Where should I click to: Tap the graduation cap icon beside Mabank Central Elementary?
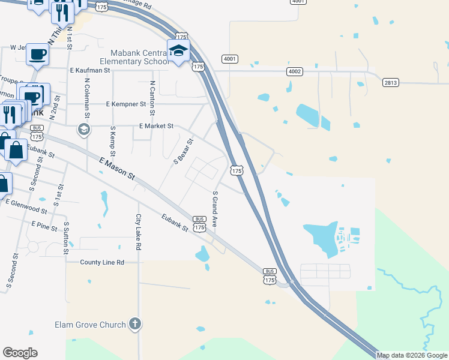[178, 50]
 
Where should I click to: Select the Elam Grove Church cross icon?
[135, 325]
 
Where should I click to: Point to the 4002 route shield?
[294, 71]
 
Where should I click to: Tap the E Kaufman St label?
[90, 70]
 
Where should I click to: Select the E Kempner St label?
[126, 104]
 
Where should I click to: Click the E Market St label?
[156, 127]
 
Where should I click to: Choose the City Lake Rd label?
[138, 232]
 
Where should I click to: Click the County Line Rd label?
[102, 262]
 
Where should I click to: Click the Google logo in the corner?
[20, 353]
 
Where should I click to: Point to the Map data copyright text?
[412, 355]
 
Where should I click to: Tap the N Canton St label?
[152, 98]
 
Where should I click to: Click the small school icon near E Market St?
[83, 129]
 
